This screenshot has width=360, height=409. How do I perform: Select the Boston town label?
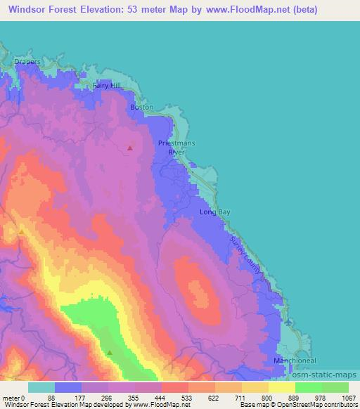(x=141, y=107)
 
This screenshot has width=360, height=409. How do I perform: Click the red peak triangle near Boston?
(x=130, y=148)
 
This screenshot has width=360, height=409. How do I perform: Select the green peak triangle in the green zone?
(x=110, y=351)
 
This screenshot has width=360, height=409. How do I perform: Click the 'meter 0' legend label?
(x=13, y=397)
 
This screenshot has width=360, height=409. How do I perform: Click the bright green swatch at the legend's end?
(x=335, y=387)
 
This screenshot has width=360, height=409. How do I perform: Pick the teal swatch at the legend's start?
(x=41, y=387)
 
